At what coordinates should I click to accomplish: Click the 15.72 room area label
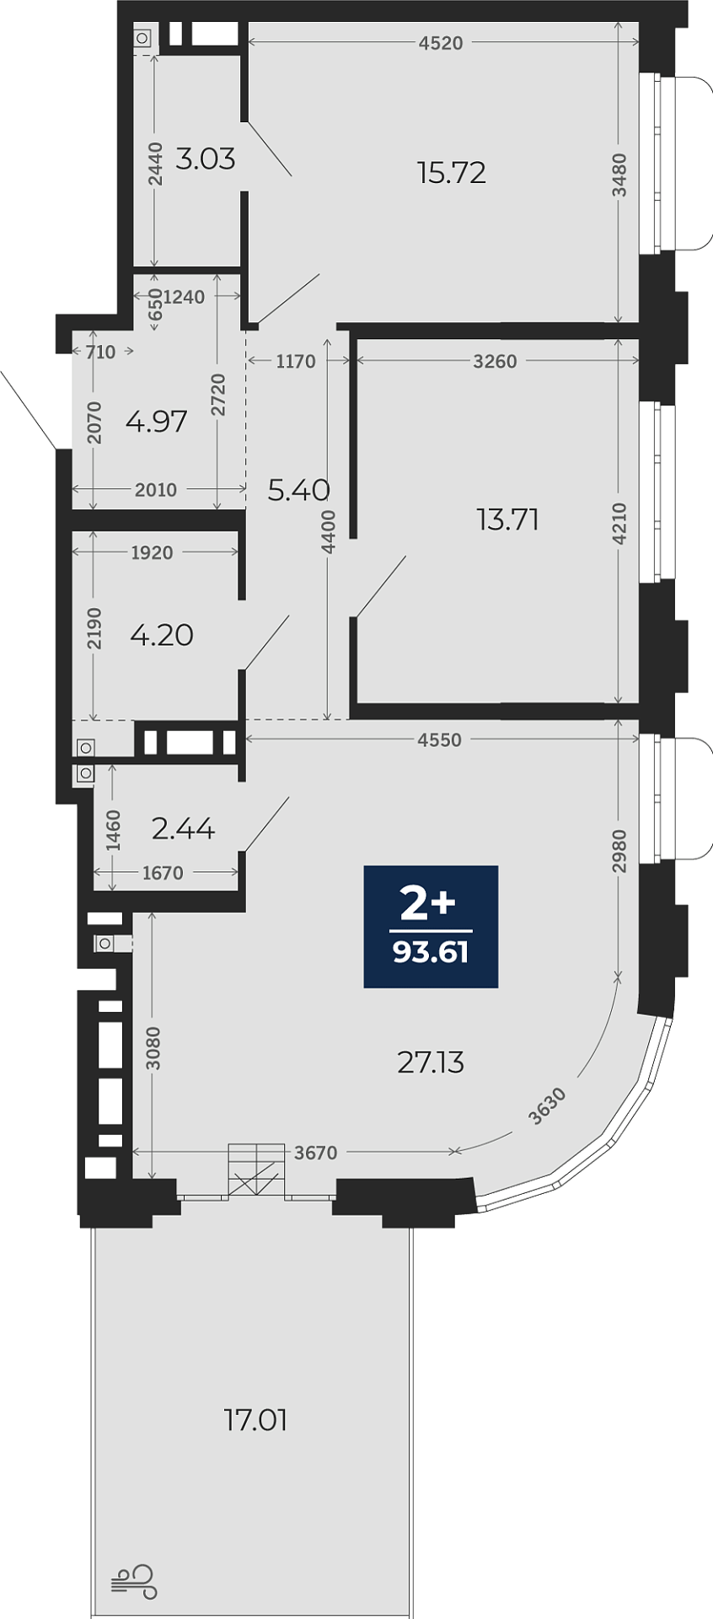point(452,173)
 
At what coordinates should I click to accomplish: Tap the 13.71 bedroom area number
point(507,519)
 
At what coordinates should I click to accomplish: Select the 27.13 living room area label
point(431,1062)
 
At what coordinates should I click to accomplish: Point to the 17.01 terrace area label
point(256,1420)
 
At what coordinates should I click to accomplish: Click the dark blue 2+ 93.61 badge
point(431,926)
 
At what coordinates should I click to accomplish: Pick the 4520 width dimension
point(441,43)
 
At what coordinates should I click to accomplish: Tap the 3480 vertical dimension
point(619,175)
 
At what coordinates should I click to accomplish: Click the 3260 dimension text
point(495,361)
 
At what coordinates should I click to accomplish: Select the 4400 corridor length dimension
point(329,532)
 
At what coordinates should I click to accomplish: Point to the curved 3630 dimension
point(547,1107)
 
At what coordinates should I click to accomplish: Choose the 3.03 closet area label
point(205,159)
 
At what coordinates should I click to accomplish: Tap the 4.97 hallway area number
point(156,421)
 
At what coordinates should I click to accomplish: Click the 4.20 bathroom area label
point(162,635)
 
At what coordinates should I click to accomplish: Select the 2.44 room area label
point(183,829)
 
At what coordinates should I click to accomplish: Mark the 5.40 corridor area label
point(298,490)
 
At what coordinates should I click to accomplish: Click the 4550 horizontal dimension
point(440,740)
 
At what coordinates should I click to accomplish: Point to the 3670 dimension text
point(315,1152)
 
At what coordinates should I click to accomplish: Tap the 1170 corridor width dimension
point(296,361)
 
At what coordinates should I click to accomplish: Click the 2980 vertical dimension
point(619,852)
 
